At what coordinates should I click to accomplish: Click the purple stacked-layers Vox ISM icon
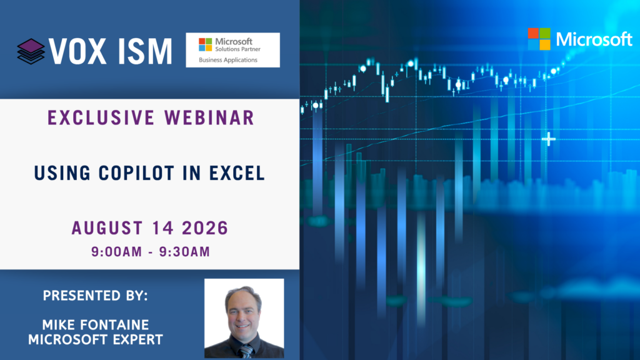pyautogui.click(x=31, y=51)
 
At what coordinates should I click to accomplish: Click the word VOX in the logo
pyautogui.click(x=77, y=51)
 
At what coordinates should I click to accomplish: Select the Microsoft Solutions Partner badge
pyautogui.click(x=232, y=50)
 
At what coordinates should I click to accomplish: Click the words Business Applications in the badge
pyautogui.click(x=228, y=60)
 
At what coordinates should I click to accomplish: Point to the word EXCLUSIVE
pyautogui.click(x=101, y=118)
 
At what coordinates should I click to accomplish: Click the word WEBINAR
pyautogui.click(x=210, y=118)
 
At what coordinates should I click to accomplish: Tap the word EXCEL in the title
pyautogui.click(x=237, y=174)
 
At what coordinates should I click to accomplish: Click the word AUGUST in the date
pyautogui.click(x=107, y=228)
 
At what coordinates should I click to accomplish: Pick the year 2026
pyautogui.click(x=205, y=228)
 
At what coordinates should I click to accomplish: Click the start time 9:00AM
pyautogui.click(x=117, y=252)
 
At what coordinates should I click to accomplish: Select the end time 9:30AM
pyautogui.click(x=184, y=252)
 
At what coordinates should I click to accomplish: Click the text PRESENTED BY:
pyautogui.click(x=96, y=296)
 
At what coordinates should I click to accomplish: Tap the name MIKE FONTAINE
pyautogui.click(x=96, y=325)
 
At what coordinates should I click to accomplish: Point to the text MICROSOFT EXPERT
pyautogui.click(x=96, y=339)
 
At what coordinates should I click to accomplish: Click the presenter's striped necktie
pyautogui.click(x=246, y=351)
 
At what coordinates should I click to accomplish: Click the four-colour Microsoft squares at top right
pyautogui.click(x=539, y=39)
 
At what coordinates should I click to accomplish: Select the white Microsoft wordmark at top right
pyautogui.click(x=594, y=39)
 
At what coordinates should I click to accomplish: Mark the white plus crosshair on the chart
pyautogui.click(x=549, y=139)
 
